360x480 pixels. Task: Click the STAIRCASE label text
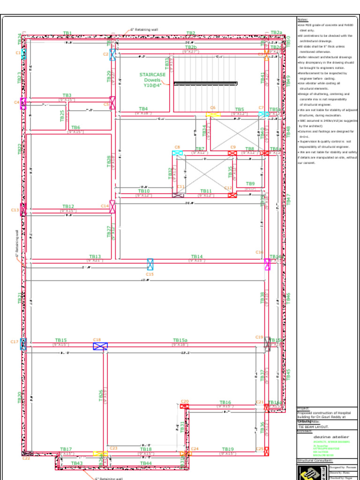pyautogui.click(x=152, y=75)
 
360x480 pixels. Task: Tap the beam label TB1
pyautogui.click(x=67, y=33)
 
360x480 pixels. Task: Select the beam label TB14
pyautogui.click(x=197, y=256)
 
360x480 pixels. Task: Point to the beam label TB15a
pyautogui.click(x=180, y=340)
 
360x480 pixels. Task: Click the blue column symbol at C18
pyautogui.click(x=100, y=346)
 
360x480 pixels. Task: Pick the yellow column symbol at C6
pyautogui.click(x=213, y=114)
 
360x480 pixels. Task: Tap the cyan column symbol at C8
pyautogui.click(x=177, y=153)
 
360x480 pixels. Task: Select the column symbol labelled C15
pyautogui.click(x=150, y=264)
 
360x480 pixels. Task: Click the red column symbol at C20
pyautogui.click(x=185, y=406)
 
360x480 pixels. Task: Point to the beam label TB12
pyautogui.click(x=68, y=206)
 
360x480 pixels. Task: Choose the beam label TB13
pyautogui.click(x=95, y=256)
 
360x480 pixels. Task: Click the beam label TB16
pyautogui.click(x=225, y=402)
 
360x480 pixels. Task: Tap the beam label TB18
pyautogui.click(x=146, y=449)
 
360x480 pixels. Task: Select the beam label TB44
pyautogui.click(x=146, y=463)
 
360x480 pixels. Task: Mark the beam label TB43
pyautogui.click(x=77, y=463)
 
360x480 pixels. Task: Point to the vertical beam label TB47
pyautogui.click(x=288, y=198)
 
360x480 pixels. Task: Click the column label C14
pyautogui.click(x=105, y=206)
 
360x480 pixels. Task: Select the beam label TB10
pyautogui.click(x=144, y=191)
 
